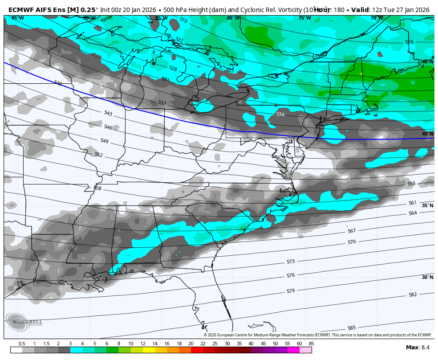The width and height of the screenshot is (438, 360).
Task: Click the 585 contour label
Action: coord(352,328)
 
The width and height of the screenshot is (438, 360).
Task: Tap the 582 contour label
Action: coord(413,295)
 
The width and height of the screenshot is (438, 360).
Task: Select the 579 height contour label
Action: coord(291,291)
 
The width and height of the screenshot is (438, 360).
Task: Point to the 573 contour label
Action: coord(291,262)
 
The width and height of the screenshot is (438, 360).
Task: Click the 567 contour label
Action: coord(352,231)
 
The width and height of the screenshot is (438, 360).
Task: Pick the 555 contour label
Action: coord(411,184)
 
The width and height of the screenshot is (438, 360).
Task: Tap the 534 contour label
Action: coord(280,115)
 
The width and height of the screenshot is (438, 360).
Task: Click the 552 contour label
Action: coord(98,155)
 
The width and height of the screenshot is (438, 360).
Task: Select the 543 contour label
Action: coord(108,113)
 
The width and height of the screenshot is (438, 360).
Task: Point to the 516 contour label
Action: coord(409,42)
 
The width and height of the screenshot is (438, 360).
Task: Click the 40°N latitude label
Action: coord(427,134)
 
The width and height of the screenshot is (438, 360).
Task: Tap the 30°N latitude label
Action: coord(427,277)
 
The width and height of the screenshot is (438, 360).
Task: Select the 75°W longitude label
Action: coord(304,18)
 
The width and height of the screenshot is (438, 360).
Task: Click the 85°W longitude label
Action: coord(161,18)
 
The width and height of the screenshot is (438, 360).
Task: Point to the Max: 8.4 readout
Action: coord(418,348)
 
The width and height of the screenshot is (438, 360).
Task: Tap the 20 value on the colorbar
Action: coord(191,344)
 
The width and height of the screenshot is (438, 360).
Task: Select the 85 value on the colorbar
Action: coord(311,344)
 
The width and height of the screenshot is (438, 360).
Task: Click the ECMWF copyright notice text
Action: coord(318,335)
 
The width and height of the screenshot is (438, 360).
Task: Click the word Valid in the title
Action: coord(361,10)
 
